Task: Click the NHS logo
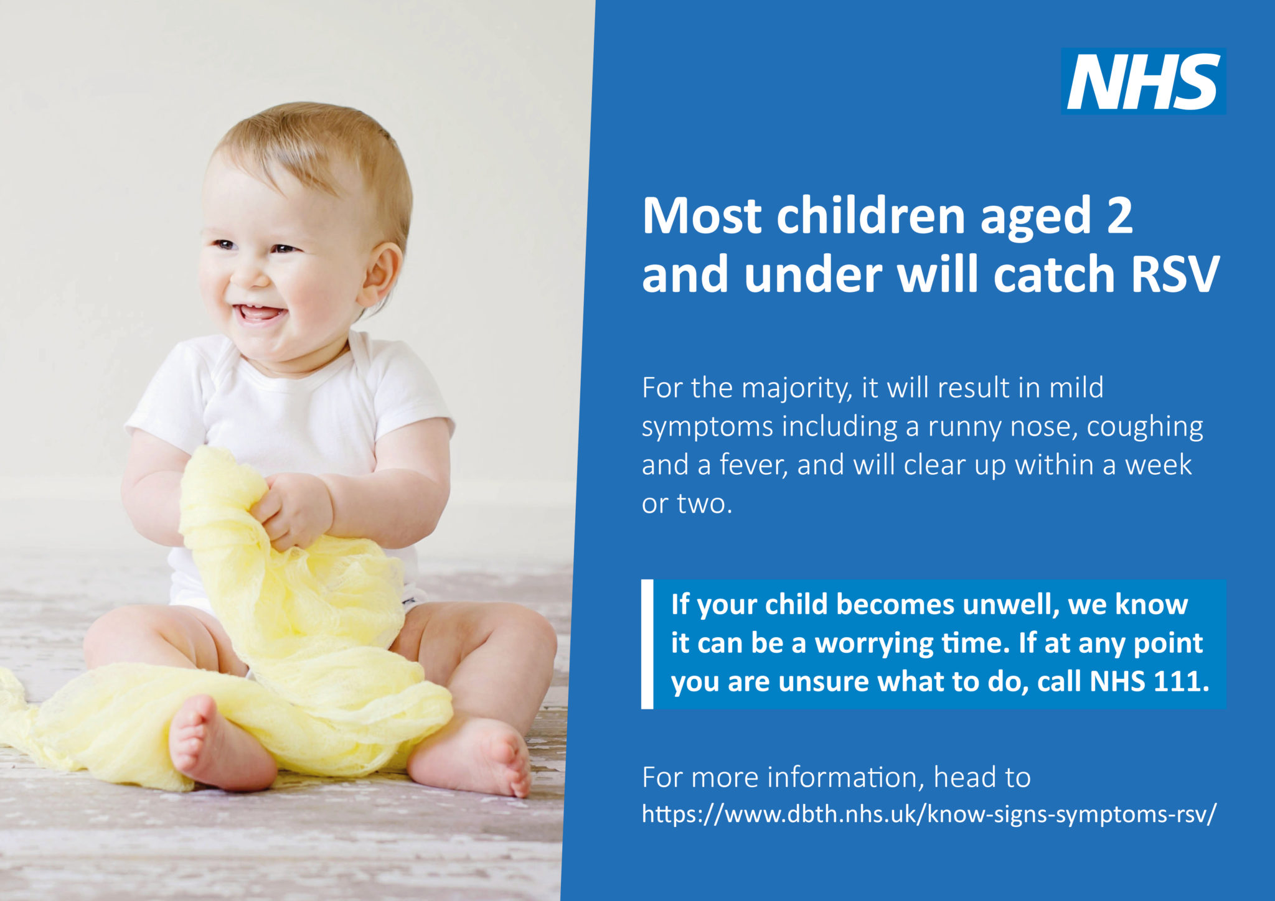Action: tap(1143, 82)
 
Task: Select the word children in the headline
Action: tap(871, 216)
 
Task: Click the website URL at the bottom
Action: tap(928, 814)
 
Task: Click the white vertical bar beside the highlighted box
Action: tap(647, 644)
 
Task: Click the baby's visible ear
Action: tap(380, 274)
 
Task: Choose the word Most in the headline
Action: tap(702, 216)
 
